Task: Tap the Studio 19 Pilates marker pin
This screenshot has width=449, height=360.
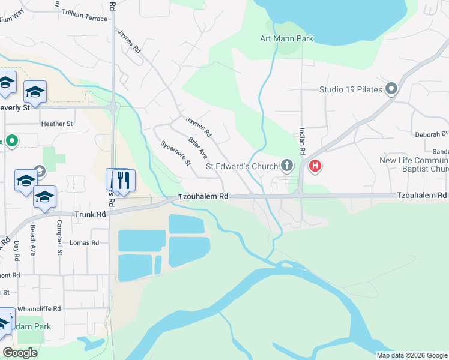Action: [392, 89]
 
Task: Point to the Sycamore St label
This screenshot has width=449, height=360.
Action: [175, 153]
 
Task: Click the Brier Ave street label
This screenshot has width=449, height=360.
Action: [197, 148]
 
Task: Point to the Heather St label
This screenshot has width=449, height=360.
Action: [57, 124]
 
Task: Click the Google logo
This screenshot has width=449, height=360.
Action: [20, 353]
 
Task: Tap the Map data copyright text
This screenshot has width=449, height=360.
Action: [412, 355]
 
